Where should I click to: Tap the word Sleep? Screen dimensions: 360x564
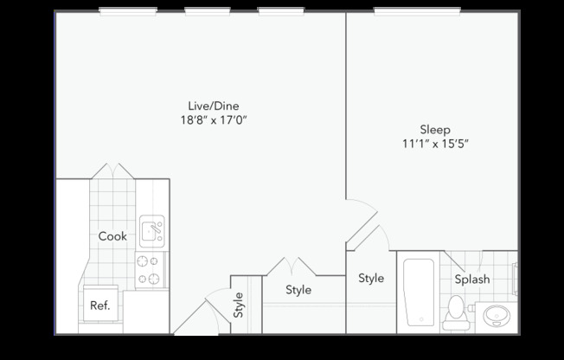pyautogui.click(x=435, y=129)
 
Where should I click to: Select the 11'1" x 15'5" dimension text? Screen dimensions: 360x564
pyautogui.click(x=435, y=144)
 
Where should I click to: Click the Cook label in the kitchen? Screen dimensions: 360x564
pyautogui.click(x=112, y=236)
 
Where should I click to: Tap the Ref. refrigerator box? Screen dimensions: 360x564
pyautogui.click(x=100, y=305)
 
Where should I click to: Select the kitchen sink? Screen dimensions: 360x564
pyautogui.click(x=151, y=230)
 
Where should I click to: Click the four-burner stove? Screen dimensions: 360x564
pyautogui.click(x=151, y=269)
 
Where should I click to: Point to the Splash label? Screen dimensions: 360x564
pyautogui.click(x=472, y=280)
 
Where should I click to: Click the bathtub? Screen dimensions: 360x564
pyautogui.click(x=420, y=292)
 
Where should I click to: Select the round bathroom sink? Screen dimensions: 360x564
pyautogui.click(x=497, y=314)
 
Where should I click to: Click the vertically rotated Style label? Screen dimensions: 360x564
pyautogui.click(x=239, y=305)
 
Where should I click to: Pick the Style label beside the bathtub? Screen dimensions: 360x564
pyautogui.click(x=371, y=279)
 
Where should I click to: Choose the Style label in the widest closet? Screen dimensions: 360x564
pyautogui.click(x=298, y=290)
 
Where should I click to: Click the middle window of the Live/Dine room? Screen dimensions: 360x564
pyautogui.click(x=211, y=11)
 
